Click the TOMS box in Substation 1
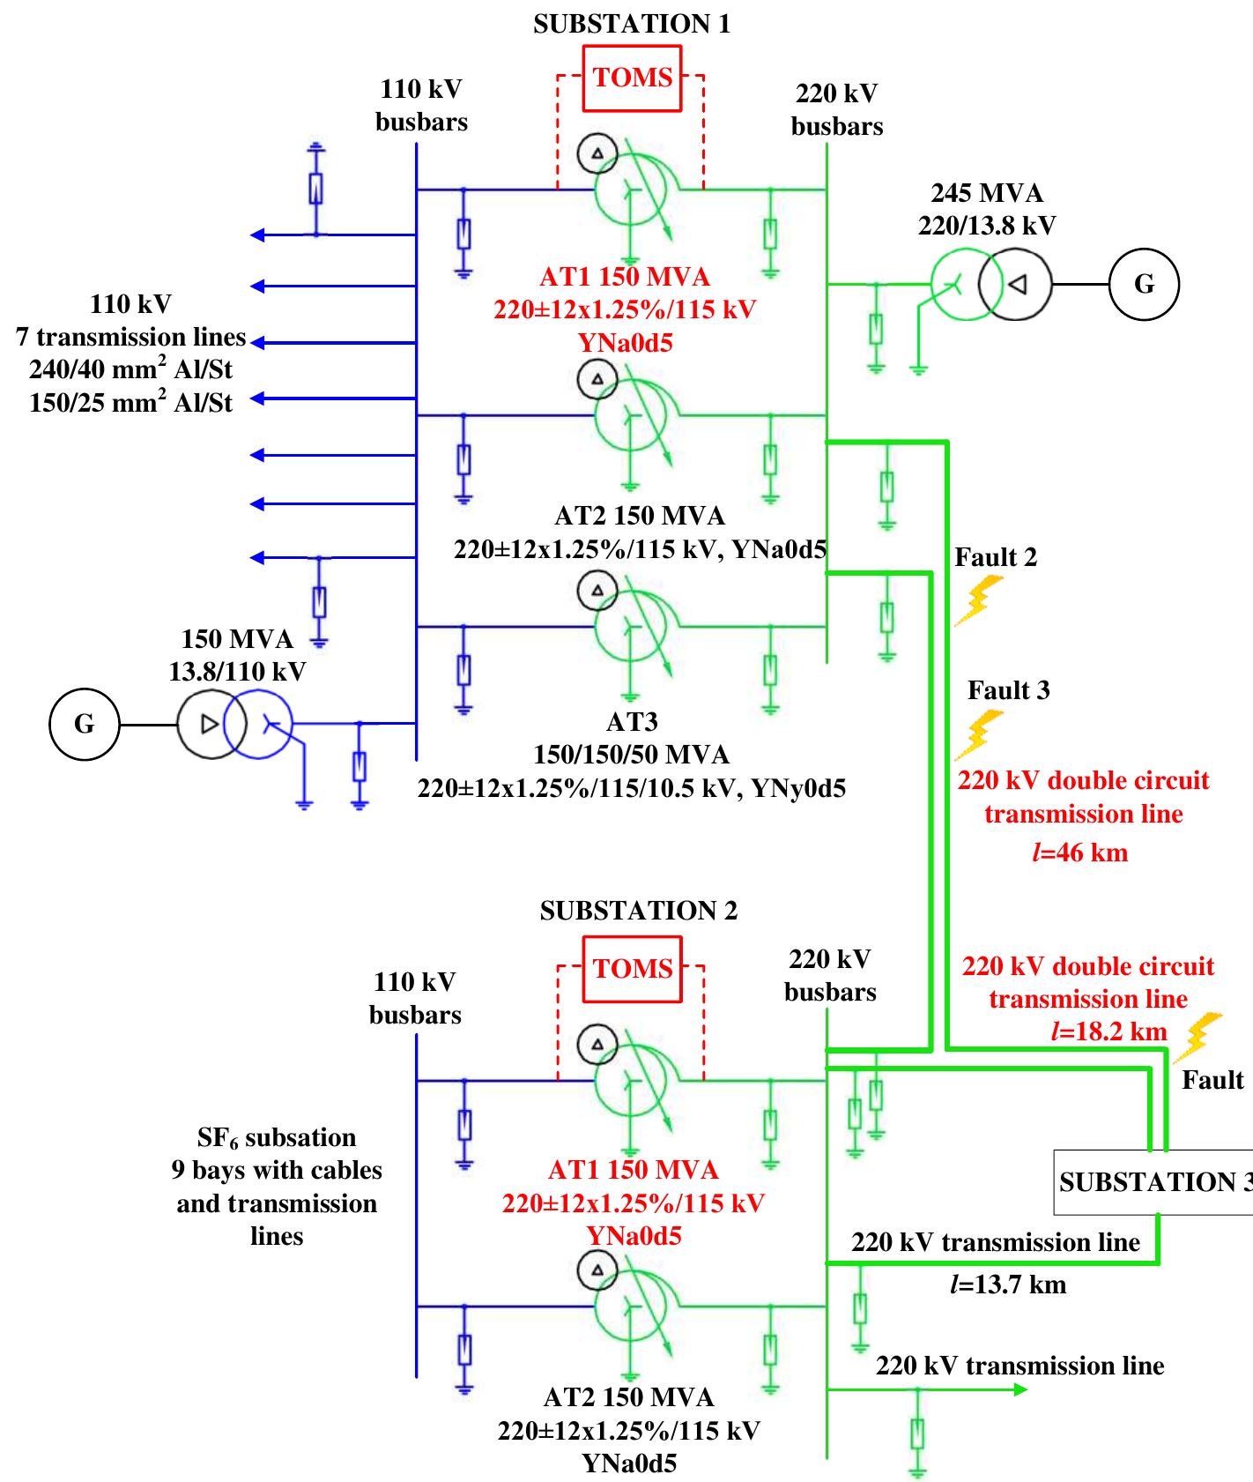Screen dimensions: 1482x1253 coord(633,78)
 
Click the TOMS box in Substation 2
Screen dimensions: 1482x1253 coord(633,969)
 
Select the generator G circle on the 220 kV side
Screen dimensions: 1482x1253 coord(1143,284)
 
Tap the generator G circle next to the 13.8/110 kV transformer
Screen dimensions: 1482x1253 coord(84,724)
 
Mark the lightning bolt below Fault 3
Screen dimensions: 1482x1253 coord(979,734)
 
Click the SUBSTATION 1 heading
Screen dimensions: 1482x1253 coord(632,24)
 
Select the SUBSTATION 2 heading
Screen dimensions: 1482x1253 coord(639,910)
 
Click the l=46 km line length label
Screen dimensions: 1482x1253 coord(1079,853)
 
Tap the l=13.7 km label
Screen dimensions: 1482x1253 coord(1008,1284)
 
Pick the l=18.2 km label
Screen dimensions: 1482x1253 coord(1109,1031)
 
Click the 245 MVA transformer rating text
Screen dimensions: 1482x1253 coord(987,193)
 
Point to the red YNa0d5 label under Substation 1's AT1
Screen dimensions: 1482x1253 coord(626,342)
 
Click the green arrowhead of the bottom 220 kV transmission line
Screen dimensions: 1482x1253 coord(1020,1389)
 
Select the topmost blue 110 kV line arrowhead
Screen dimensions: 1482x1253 coord(257,235)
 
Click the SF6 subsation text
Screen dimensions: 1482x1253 coord(277,1137)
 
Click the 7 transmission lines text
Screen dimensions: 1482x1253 coord(130,337)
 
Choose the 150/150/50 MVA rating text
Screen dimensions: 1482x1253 coord(632,755)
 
